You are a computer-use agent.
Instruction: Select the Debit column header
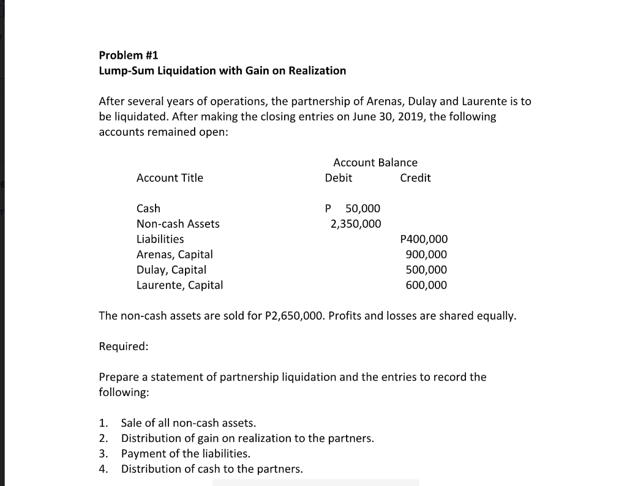pos(338,178)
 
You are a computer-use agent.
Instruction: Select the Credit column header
pos(415,178)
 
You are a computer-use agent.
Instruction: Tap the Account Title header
pos(170,178)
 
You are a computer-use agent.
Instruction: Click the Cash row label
pos(148,209)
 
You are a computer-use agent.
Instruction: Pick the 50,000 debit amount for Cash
pos(362,209)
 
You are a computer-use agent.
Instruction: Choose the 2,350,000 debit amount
pos(355,224)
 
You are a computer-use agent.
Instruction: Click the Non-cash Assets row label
pos(178,224)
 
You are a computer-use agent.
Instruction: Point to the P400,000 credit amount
pos(423,239)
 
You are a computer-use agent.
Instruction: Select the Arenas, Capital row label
pos(175,255)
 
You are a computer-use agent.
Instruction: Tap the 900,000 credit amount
pos(426,255)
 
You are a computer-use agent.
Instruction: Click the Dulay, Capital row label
pos(171,270)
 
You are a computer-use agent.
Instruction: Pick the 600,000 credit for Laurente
pos(426,285)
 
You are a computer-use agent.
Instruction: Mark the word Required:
pos(123,346)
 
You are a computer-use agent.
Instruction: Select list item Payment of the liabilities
pos(186,454)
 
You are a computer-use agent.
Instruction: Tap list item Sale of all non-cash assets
pos(189,423)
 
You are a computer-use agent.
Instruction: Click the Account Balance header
pos(375,163)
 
